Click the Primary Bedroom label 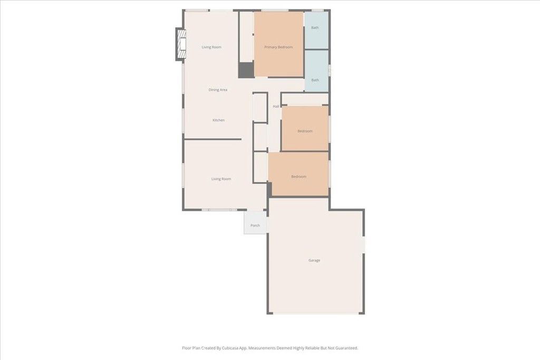click(x=278, y=47)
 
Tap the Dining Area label click(x=218, y=90)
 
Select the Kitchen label click(x=218, y=120)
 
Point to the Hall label click(x=276, y=107)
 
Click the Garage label click(x=314, y=260)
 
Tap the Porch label click(x=255, y=226)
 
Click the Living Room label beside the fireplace click(x=211, y=47)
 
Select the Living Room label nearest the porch click(x=221, y=179)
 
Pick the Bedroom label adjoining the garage click(x=298, y=177)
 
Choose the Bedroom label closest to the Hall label click(x=305, y=131)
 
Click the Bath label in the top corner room click(x=315, y=27)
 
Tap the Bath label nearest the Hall click(x=315, y=80)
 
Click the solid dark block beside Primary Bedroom click(x=246, y=70)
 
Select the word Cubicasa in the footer click(x=224, y=348)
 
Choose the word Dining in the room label click(x=214, y=90)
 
